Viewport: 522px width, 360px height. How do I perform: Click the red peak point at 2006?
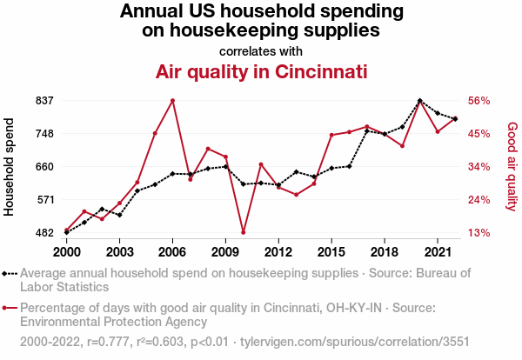172,101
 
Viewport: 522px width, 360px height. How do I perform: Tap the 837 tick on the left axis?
45,101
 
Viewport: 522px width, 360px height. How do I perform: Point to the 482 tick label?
45,233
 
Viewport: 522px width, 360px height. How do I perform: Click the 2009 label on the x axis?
225,251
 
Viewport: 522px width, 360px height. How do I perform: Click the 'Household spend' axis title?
10,166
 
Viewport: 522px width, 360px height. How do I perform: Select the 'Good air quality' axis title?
512,166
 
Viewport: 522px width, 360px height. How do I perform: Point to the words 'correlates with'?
261,51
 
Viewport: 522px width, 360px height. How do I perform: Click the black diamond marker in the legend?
10,273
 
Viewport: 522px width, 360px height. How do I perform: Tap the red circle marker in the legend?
10,308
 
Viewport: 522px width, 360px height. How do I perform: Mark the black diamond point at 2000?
67,232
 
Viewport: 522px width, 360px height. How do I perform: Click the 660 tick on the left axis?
45,167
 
